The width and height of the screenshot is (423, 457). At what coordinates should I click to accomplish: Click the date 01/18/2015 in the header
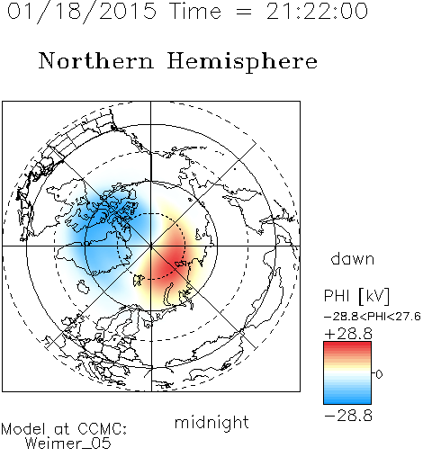click(x=82, y=12)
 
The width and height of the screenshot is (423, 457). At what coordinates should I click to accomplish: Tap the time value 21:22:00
click(x=317, y=11)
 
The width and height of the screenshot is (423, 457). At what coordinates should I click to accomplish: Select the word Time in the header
click(x=195, y=11)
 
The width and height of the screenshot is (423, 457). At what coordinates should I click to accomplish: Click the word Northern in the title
click(x=96, y=60)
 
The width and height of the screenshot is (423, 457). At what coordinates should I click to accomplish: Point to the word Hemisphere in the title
click(x=242, y=62)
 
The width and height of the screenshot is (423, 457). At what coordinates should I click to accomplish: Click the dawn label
click(x=353, y=258)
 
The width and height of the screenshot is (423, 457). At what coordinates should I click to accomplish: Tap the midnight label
click(x=211, y=423)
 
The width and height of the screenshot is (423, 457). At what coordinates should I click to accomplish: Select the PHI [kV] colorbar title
click(x=356, y=296)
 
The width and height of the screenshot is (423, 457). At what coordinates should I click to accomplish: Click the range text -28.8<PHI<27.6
click(x=373, y=317)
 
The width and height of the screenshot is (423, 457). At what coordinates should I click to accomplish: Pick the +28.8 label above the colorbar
click(x=348, y=334)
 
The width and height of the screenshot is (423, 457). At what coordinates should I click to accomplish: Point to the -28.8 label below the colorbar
click(x=348, y=416)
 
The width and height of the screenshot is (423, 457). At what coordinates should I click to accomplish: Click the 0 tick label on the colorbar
click(x=379, y=374)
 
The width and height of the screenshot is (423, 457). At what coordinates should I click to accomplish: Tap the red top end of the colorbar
click(x=347, y=345)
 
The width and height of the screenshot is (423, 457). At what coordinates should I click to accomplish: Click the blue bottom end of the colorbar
click(x=347, y=401)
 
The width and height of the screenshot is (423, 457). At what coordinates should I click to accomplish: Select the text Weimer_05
click(x=68, y=444)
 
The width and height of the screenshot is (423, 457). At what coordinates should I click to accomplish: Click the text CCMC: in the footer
click(x=103, y=429)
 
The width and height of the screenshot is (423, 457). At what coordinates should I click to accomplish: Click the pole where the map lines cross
click(x=151, y=246)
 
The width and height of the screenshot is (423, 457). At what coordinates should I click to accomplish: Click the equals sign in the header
click(x=244, y=13)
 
